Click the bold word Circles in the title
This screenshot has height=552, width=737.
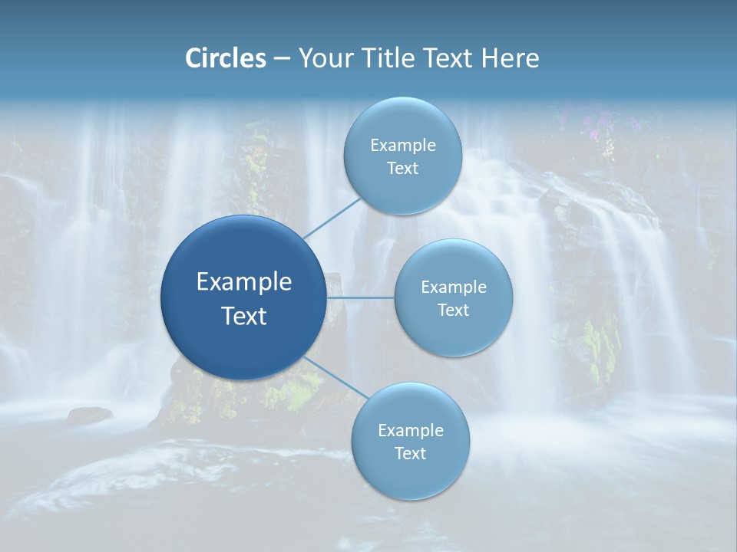tap(226, 58)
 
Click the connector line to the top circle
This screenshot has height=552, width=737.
tap(332, 218)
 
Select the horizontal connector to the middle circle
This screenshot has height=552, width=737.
tap(360, 297)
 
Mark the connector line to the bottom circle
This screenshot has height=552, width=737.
tap(334, 378)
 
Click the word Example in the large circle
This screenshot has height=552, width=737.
tap(244, 282)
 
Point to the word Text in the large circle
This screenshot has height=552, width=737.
tap(244, 316)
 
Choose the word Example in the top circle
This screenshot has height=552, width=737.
tap(403, 146)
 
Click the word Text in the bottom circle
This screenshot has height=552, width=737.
tap(410, 454)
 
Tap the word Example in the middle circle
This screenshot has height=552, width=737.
tap(454, 287)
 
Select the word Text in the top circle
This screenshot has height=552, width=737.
tap(402, 169)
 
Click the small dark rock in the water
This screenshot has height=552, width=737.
tap(89, 416)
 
